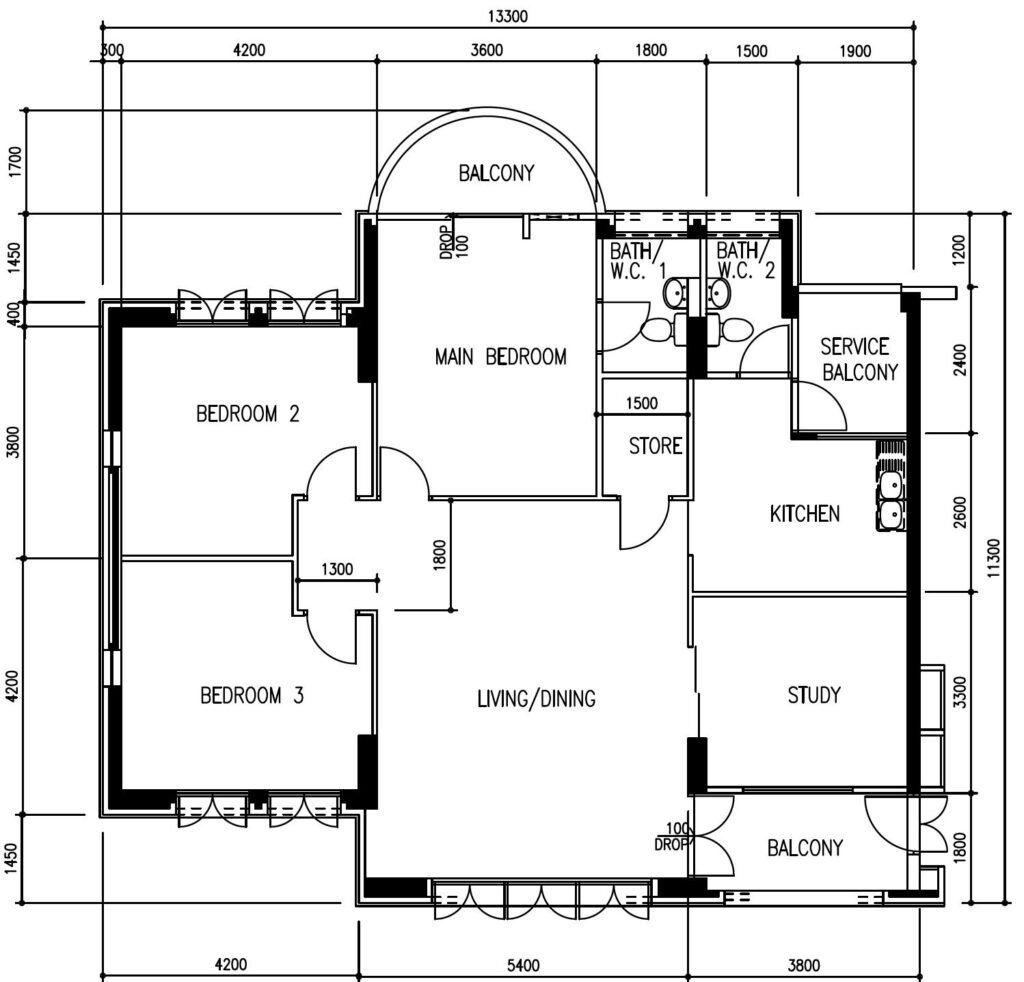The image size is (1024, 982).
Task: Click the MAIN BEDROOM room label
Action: pyautogui.click(x=500, y=356)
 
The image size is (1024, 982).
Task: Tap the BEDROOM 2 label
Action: pyautogui.click(x=248, y=413)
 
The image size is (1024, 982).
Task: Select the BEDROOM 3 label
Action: pyautogui.click(x=251, y=695)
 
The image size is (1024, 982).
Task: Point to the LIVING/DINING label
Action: pyautogui.click(x=536, y=699)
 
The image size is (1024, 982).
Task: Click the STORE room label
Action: pyautogui.click(x=655, y=446)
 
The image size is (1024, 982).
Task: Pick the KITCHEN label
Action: pyautogui.click(x=805, y=514)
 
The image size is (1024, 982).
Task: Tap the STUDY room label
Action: pyautogui.click(x=814, y=695)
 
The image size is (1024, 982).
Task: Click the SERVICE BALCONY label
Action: pyautogui.click(x=859, y=359)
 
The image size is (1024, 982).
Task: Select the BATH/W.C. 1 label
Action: pyautogui.click(x=638, y=260)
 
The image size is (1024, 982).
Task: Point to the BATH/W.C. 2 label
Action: pyautogui.click(x=745, y=260)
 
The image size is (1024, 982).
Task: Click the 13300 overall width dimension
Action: pyautogui.click(x=507, y=16)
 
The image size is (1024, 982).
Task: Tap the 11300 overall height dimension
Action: pyautogui.click(x=993, y=558)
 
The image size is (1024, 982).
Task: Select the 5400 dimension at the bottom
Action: pyautogui.click(x=523, y=965)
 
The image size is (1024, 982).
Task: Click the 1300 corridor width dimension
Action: pyautogui.click(x=337, y=569)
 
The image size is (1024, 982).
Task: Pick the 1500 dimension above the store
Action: pyautogui.click(x=641, y=404)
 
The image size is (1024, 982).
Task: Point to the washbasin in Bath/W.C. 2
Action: pyautogui.click(x=719, y=293)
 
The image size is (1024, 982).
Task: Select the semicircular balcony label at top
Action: pyautogui.click(x=496, y=173)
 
